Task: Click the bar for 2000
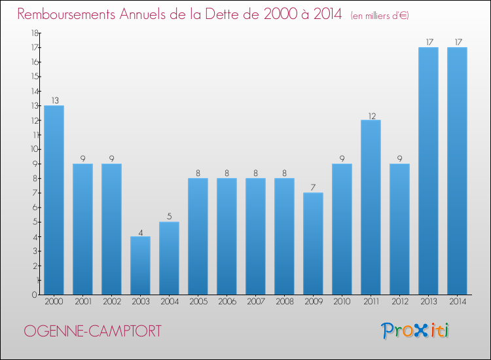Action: [54, 200]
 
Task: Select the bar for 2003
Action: [140, 265]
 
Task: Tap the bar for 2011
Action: [371, 207]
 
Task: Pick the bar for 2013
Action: [428, 171]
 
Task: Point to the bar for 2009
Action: [313, 243]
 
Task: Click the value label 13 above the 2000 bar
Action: [54, 101]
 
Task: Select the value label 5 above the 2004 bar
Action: [169, 217]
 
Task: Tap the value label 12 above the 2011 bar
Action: [371, 116]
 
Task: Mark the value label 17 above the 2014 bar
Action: [457, 43]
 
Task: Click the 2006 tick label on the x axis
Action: [227, 302]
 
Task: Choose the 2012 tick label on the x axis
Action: [399, 302]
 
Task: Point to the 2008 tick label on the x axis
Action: [284, 302]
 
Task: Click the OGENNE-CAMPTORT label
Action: [92, 331]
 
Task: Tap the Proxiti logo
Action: [416, 331]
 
